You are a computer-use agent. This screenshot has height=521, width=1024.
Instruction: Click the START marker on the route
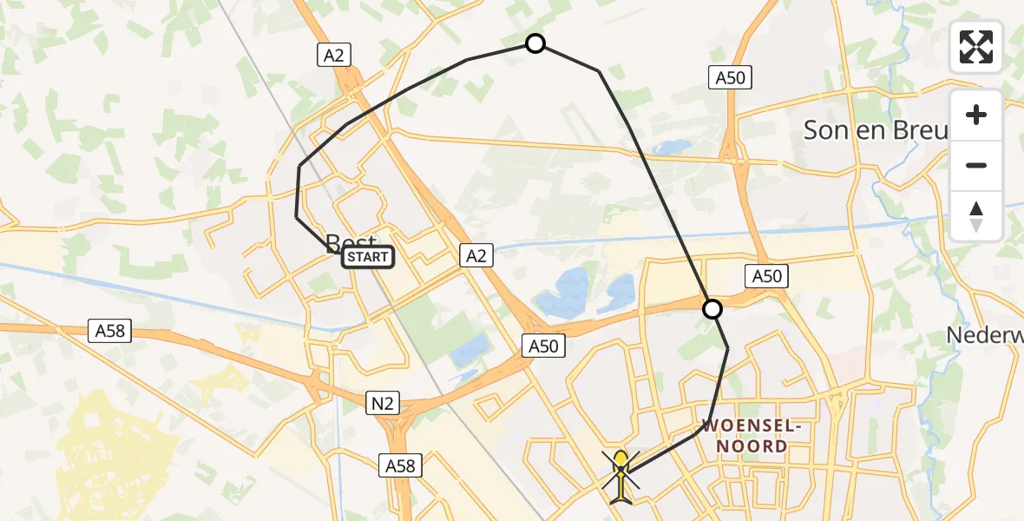click(368, 257)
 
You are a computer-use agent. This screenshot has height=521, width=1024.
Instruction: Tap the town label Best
click(351, 242)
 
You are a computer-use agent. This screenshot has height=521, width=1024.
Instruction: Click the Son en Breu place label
click(875, 130)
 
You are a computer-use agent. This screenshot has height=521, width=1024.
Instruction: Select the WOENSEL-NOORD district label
click(745, 437)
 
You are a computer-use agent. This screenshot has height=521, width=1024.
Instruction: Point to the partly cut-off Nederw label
click(984, 334)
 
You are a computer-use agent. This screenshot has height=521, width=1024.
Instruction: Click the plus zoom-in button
click(976, 115)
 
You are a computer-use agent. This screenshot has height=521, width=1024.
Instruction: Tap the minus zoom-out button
click(976, 165)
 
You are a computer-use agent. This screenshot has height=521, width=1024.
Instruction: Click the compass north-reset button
click(976, 215)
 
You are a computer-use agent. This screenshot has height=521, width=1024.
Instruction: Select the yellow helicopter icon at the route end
click(621, 476)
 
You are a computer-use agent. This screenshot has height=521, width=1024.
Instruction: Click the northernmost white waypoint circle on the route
click(535, 43)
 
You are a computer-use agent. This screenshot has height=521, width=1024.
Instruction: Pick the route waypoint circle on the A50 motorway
click(712, 309)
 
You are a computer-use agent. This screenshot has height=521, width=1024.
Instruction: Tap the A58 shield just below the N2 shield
click(400, 466)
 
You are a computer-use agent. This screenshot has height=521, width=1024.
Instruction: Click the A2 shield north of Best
click(333, 56)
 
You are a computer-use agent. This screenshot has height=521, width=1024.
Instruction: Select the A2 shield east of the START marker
click(476, 254)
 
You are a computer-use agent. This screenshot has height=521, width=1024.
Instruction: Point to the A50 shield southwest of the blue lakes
click(544, 346)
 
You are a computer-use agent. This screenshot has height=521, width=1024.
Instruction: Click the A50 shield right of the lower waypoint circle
click(766, 277)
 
